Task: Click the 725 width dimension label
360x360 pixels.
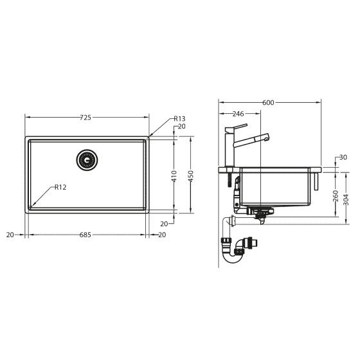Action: pyautogui.click(x=85, y=117)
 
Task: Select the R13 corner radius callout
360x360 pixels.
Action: pyautogui.click(x=179, y=119)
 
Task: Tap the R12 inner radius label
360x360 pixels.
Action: pyautogui.click(x=60, y=187)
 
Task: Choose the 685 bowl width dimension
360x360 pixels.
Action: pyautogui.click(x=85, y=235)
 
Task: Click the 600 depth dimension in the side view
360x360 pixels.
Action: pyautogui.click(x=269, y=103)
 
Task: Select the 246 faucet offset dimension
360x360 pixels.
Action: pyautogui.click(x=239, y=114)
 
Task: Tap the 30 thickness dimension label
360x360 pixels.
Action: pyautogui.click(x=343, y=157)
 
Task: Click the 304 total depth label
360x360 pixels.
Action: pyautogui.click(x=346, y=199)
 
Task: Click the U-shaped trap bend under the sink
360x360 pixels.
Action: pyautogui.click(x=235, y=253)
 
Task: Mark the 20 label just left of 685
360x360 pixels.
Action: pyautogui.click(x=10, y=235)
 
